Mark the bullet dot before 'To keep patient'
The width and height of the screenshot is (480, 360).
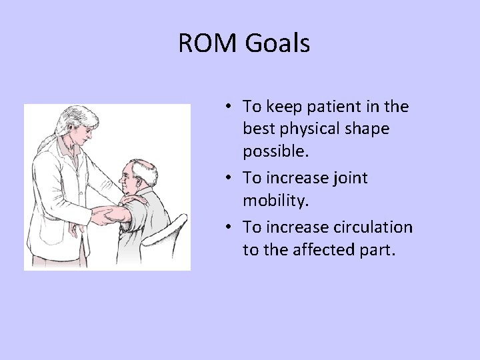(x=228, y=107)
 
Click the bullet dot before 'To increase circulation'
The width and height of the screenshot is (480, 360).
(x=228, y=228)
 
